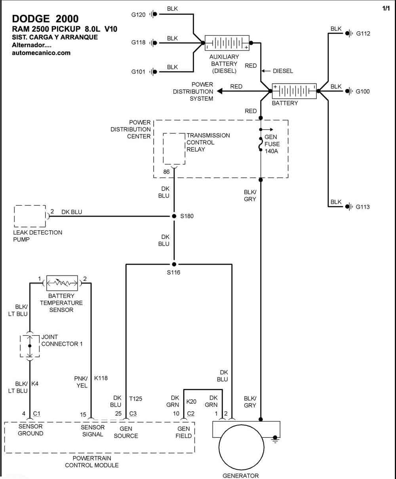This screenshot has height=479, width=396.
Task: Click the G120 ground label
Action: pyautogui.click(x=138, y=15)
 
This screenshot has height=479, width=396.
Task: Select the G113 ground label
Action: pyautogui.click(x=362, y=207)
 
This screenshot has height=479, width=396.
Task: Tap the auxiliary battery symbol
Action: pyautogui.click(x=227, y=43)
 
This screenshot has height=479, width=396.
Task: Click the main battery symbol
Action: pyautogui.click(x=294, y=91)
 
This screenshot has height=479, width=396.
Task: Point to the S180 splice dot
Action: pyautogui.click(x=174, y=216)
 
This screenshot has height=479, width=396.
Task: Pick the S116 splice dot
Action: pyautogui.click(x=174, y=264)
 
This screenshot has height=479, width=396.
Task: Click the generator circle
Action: pyautogui.click(x=242, y=447)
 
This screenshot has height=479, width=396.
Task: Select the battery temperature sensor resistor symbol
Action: pyautogui.click(x=62, y=283)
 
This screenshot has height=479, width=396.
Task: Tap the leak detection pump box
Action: pyautogui.click(x=30, y=216)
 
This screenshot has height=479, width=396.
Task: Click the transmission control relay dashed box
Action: pyautogui.click(x=174, y=149)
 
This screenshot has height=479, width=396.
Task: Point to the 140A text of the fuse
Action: pyautogui.click(x=271, y=151)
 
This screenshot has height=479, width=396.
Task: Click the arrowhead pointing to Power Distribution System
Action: pyautogui.click(x=220, y=91)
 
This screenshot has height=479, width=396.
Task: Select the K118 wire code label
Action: pyautogui.click(x=101, y=378)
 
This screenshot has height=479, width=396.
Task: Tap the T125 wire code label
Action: pyautogui.click(x=135, y=399)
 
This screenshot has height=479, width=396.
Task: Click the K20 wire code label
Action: pyautogui.click(x=191, y=401)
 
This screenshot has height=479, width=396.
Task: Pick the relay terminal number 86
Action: pyautogui.click(x=166, y=172)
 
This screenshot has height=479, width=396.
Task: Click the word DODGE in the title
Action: pyautogui.click(x=31, y=19)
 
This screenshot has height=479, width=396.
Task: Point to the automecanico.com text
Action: pyautogui.click(x=41, y=53)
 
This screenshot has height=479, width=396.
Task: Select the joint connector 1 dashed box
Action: pyautogui.click(x=30, y=346)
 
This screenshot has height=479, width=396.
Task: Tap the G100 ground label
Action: pyautogui.click(x=362, y=91)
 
